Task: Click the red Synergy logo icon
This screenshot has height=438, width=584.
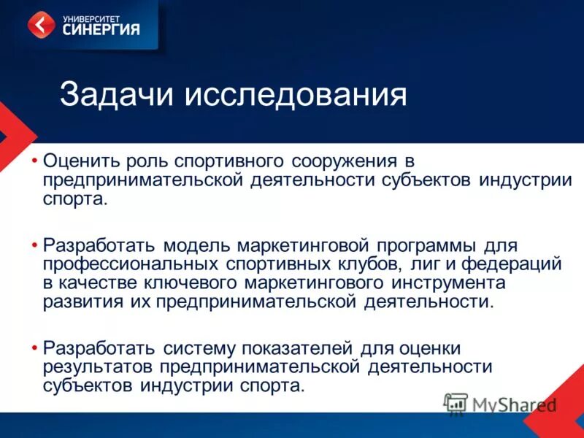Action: [42, 25]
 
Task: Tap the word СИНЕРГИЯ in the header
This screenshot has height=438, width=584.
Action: [101, 30]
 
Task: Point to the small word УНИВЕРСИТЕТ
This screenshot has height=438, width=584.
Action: [87, 16]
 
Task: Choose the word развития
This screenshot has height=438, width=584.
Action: [79, 301]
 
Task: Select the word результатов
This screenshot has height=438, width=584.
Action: [99, 366]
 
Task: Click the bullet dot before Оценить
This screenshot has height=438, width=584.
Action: [35, 158]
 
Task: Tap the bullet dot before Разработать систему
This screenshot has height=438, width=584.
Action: [35, 346]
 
